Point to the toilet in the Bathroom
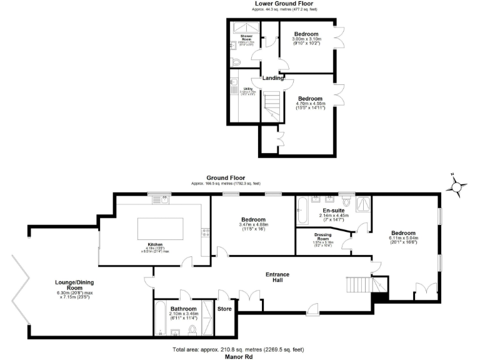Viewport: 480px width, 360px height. click(x=192, y=329)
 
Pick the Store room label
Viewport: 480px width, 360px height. click(x=224, y=309)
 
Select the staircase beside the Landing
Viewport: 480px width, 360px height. click(x=271, y=103)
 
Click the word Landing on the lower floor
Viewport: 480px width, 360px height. click(x=272, y=78)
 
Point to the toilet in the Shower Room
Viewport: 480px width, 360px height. click(x=234, y=62)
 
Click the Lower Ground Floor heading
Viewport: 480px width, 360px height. click(x=283, y=4)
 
